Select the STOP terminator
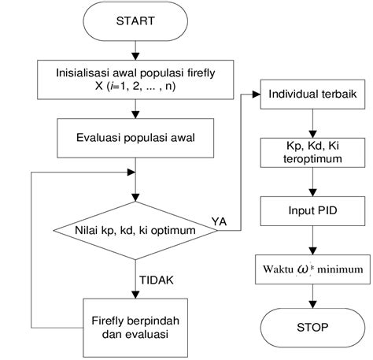(x=314, y=326)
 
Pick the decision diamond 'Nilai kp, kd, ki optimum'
(x=137, y=232)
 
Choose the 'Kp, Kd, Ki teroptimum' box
(x=314, y=153)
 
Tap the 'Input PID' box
(x=314, y=210)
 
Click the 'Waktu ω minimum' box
(x=314, y=269)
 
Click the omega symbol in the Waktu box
(x=303, y=269)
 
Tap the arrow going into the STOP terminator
(x=314, y=297)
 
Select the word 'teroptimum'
(x=314, y=159)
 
